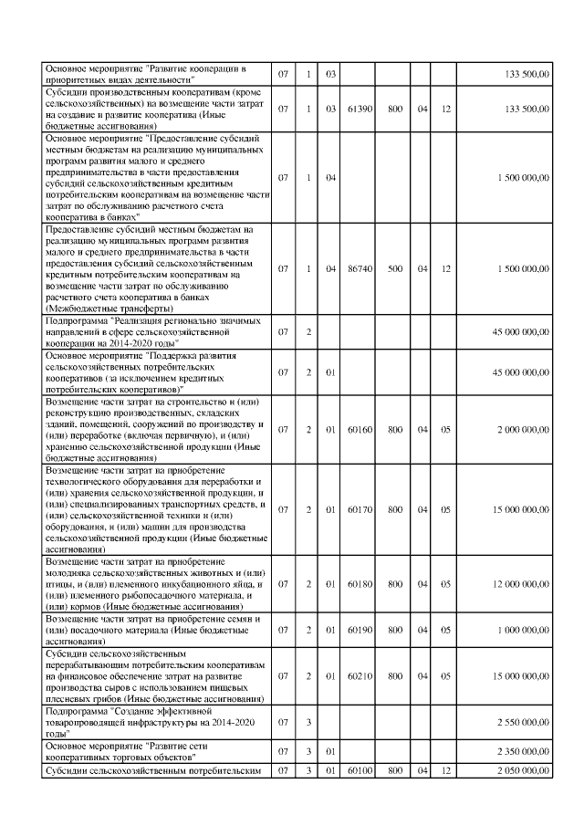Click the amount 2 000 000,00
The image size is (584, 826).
click(523, 429)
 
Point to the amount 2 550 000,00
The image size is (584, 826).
click(523, 722)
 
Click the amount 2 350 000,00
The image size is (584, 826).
click(523, 752)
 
